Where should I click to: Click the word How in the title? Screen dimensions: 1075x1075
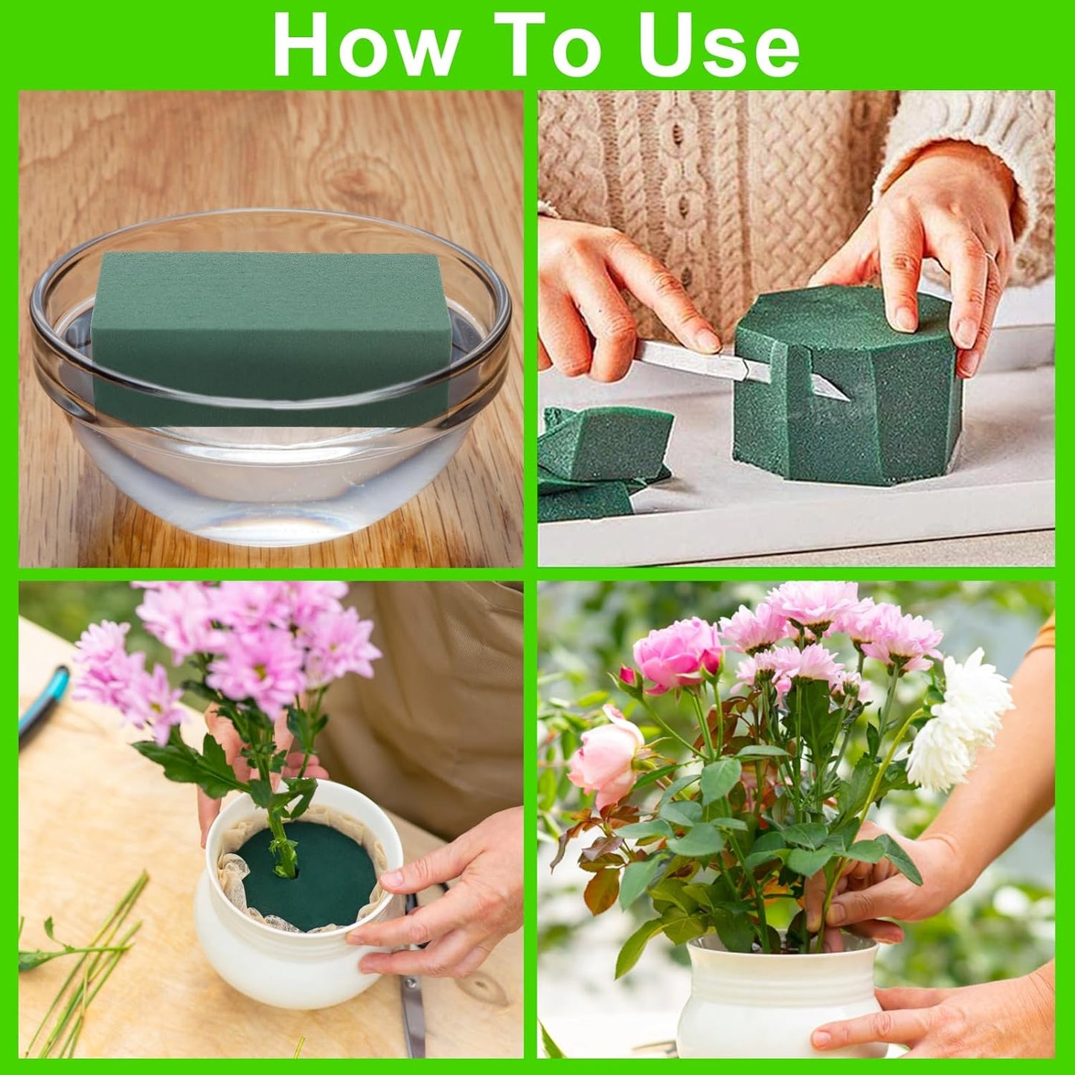[366, 45]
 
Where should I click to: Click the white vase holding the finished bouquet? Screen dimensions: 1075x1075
[774, 997]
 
